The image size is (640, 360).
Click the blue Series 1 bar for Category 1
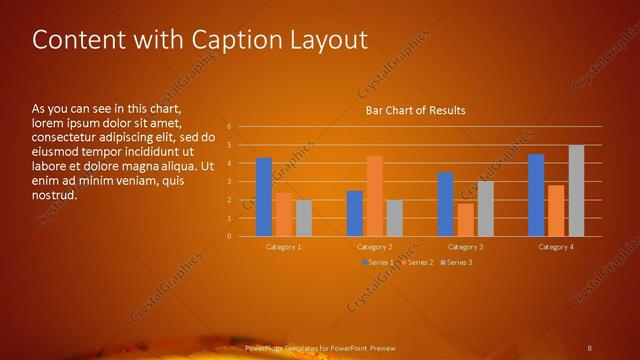264,197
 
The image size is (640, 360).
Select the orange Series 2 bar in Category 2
375,196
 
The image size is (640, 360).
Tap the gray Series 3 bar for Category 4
576,191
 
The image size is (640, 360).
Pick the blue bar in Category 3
445,204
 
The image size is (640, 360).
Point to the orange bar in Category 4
556,210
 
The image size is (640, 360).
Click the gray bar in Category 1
304,218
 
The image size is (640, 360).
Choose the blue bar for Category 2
355,213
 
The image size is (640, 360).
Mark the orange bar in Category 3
465,220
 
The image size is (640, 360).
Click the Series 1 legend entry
379,262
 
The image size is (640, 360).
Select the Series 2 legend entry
418,262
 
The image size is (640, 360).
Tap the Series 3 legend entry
456,262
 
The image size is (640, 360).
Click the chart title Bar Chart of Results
414,110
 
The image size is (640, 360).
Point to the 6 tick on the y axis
229,127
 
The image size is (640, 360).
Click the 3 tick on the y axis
229,182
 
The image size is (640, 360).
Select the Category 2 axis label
374,246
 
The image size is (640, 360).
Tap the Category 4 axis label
556,246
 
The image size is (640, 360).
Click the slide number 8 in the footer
589,347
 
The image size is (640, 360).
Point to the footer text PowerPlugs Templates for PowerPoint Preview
320,347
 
